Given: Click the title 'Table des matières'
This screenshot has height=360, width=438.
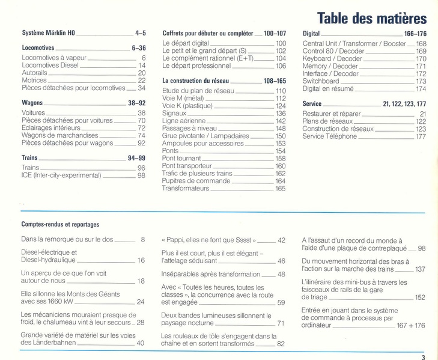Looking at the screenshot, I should (x=371, y=18).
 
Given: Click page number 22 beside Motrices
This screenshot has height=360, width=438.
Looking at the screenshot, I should (x=142, y=80).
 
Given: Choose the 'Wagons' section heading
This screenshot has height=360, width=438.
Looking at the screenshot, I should (x=32, y=103).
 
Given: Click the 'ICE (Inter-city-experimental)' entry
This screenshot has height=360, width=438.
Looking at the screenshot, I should (x=61, y=175).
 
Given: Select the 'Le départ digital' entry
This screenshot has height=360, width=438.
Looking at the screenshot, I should (x=186, y=44).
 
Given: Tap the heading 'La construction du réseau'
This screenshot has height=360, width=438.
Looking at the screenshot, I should (x=195, y=80).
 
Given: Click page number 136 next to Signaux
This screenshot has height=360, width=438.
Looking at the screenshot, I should (x=281, y=114).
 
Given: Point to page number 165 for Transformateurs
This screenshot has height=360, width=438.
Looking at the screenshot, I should (x=281, y=189).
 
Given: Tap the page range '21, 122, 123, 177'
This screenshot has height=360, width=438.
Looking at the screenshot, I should (x=404, y=103).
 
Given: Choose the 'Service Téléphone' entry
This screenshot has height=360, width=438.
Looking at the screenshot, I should (x=330, y=136).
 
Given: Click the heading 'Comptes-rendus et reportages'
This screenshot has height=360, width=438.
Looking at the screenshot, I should (x=61, y=224).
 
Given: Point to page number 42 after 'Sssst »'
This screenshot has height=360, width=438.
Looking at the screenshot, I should (x=281, y=240).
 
